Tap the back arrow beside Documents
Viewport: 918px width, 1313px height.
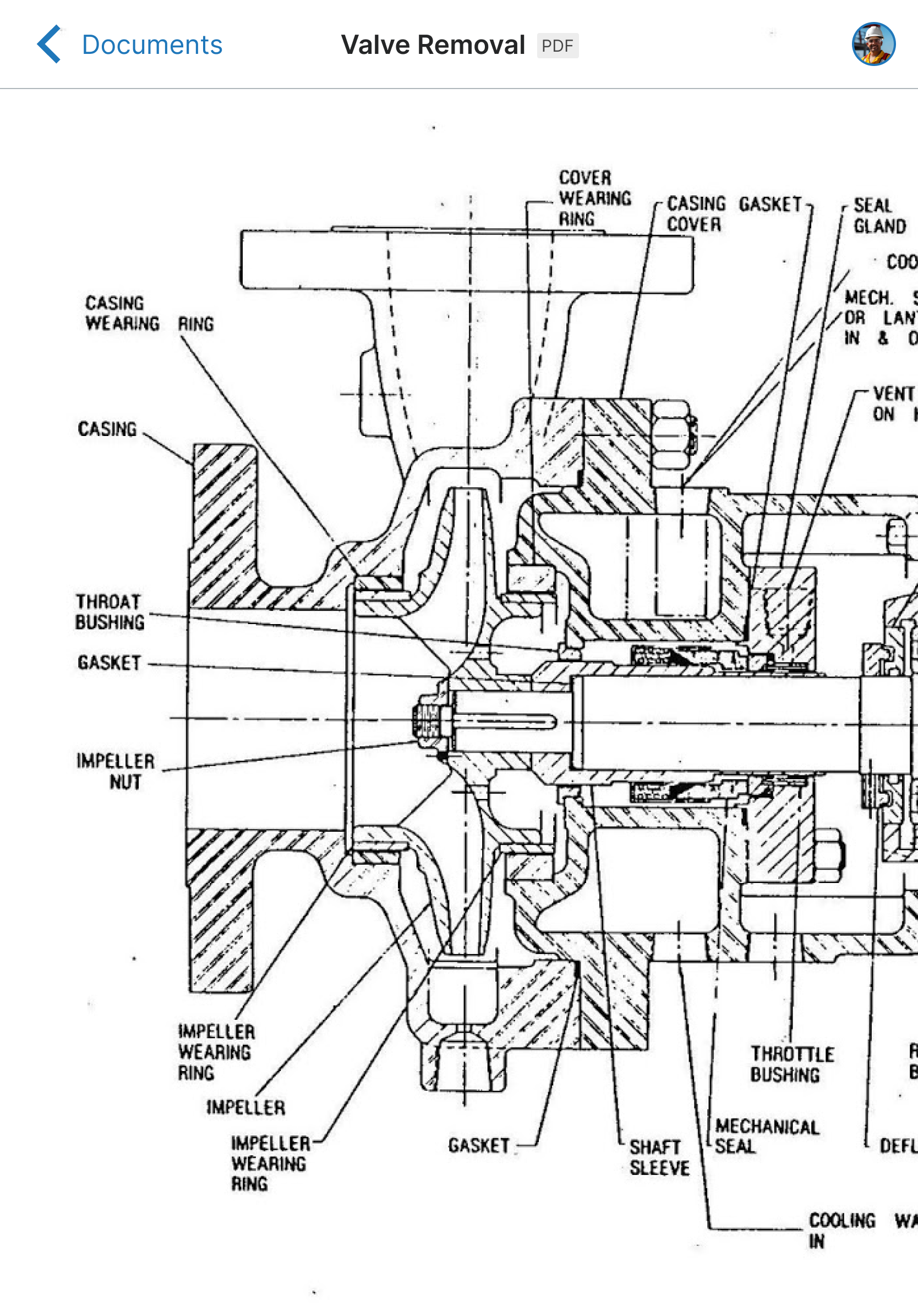pos(49,44)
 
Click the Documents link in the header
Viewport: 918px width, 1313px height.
pos(152,45)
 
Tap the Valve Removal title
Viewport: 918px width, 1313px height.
pos(433,45)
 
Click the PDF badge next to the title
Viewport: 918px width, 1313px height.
pos(557,46)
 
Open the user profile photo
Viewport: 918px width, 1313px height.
pos(873,44)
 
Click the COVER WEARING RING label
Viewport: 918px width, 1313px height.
pos(594,198)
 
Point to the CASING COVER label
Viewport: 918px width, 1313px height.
pos(695,214)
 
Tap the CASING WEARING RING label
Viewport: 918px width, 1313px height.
pos(149,314)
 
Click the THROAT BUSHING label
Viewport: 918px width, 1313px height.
pos(110,612)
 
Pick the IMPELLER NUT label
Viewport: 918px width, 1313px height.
pos(116,771)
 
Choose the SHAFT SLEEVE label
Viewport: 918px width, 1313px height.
pos(659,1157)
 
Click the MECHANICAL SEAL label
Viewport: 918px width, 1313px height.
pos(766,1136)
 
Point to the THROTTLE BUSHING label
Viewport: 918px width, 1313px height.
pos(792,1064)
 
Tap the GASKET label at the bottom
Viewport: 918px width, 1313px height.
pos(478,1145)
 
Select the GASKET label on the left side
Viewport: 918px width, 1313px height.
pos(110,663)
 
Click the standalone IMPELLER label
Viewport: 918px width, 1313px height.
pos(245,1108)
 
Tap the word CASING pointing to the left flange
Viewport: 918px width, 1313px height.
pos(108,429)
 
